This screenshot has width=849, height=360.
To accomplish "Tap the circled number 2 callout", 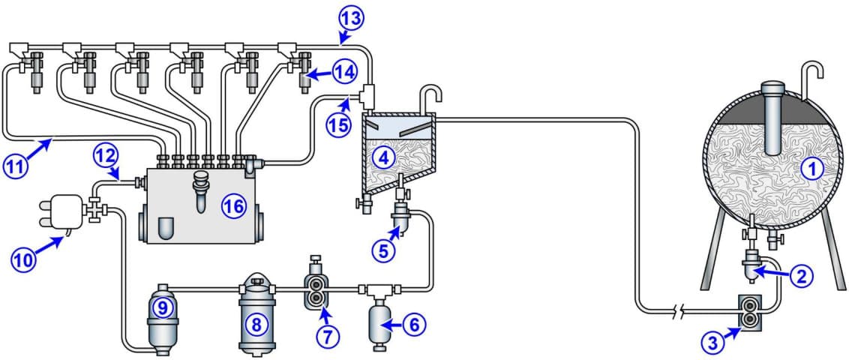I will pos(802,276).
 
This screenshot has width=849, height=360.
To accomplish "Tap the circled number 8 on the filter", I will pos(256,325).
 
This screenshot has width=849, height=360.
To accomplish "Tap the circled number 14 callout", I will pos(344,73).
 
